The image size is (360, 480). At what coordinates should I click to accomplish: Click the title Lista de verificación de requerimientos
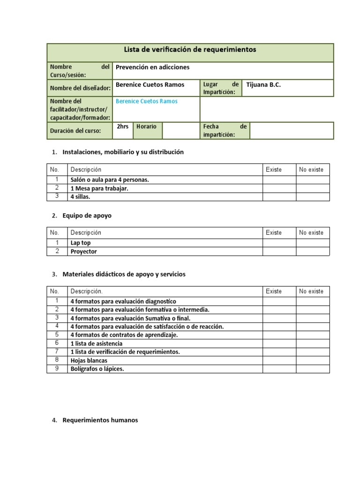coord(190,50)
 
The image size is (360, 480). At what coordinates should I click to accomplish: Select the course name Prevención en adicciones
coord(152,67)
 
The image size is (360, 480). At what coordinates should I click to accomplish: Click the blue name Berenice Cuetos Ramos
coord(146,101)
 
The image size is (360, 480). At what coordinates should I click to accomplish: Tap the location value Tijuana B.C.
coord(263,85)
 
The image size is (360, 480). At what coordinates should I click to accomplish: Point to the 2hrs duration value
coord(122,127)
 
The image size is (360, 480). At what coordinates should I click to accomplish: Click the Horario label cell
coord(146,127)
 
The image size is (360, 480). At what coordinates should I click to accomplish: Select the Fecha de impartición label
coord(225,131)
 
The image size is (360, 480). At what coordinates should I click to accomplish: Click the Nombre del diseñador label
coord(80,88)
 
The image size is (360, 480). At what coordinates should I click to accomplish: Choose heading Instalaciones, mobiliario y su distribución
coord(123,152)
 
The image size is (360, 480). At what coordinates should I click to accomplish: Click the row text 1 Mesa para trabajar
coord(99,188)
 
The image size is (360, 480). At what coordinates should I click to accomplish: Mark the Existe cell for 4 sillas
coord(279,197)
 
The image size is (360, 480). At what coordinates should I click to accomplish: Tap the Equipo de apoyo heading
coord(87,216)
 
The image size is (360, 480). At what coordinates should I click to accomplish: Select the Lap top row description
coord(81,243)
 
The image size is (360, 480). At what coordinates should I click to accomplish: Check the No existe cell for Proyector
coord(313,251)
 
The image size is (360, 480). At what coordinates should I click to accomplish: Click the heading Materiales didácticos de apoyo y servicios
coord(124,274)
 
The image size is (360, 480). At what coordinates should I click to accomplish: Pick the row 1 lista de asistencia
coord(97,344)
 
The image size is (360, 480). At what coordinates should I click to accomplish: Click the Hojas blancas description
coord(89,360)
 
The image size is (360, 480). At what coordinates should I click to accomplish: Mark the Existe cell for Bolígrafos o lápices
coord(279,369)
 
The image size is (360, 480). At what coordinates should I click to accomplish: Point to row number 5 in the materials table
coord(57,335)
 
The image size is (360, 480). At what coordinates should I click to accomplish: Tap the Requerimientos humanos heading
coord(100,420)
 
